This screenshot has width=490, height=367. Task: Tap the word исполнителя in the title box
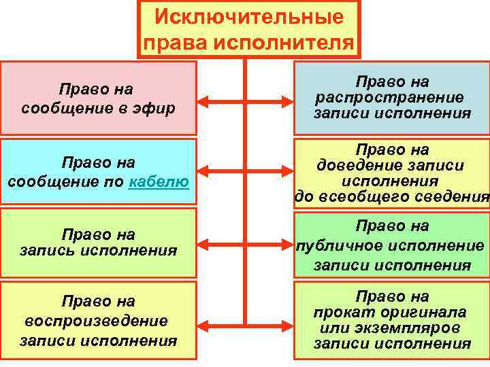(x=284, y=42)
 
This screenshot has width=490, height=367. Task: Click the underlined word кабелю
(x=159, y=181)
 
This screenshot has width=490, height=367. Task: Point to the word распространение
(x=389, y=97)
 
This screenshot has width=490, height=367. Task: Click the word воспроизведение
(x=95, y=319)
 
